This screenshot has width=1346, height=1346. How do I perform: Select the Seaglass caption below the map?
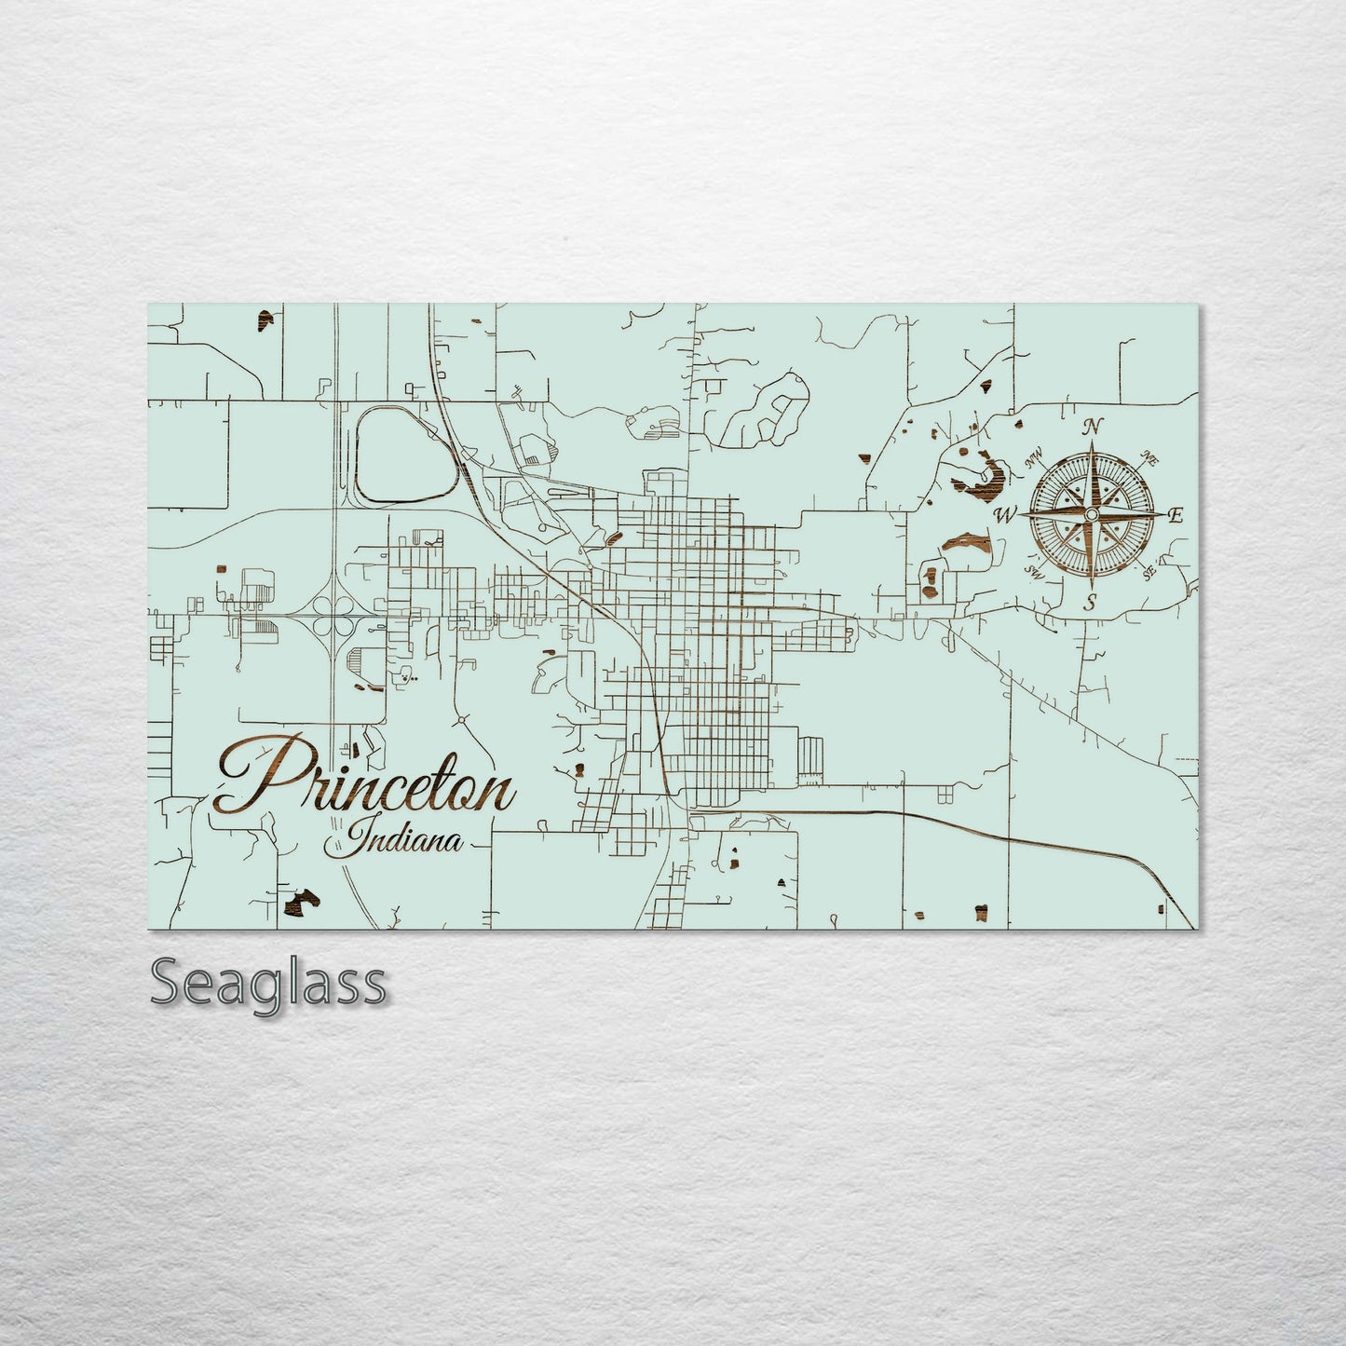click(x=267, y=983)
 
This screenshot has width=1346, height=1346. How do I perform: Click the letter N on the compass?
click(x=1093, y=428)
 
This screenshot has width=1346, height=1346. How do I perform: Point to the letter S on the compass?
click(x=1091, y=603)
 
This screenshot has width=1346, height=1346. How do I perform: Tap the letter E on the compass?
click(x=1176, y=515)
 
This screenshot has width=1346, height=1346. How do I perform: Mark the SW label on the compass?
click(x=1033, y=569)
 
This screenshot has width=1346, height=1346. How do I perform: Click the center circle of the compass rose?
click(x=1092, y=515)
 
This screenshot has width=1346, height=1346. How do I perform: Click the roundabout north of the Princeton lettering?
click(x=461, y=720)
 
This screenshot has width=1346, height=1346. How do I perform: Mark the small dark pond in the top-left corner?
click(x=266, y=322)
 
